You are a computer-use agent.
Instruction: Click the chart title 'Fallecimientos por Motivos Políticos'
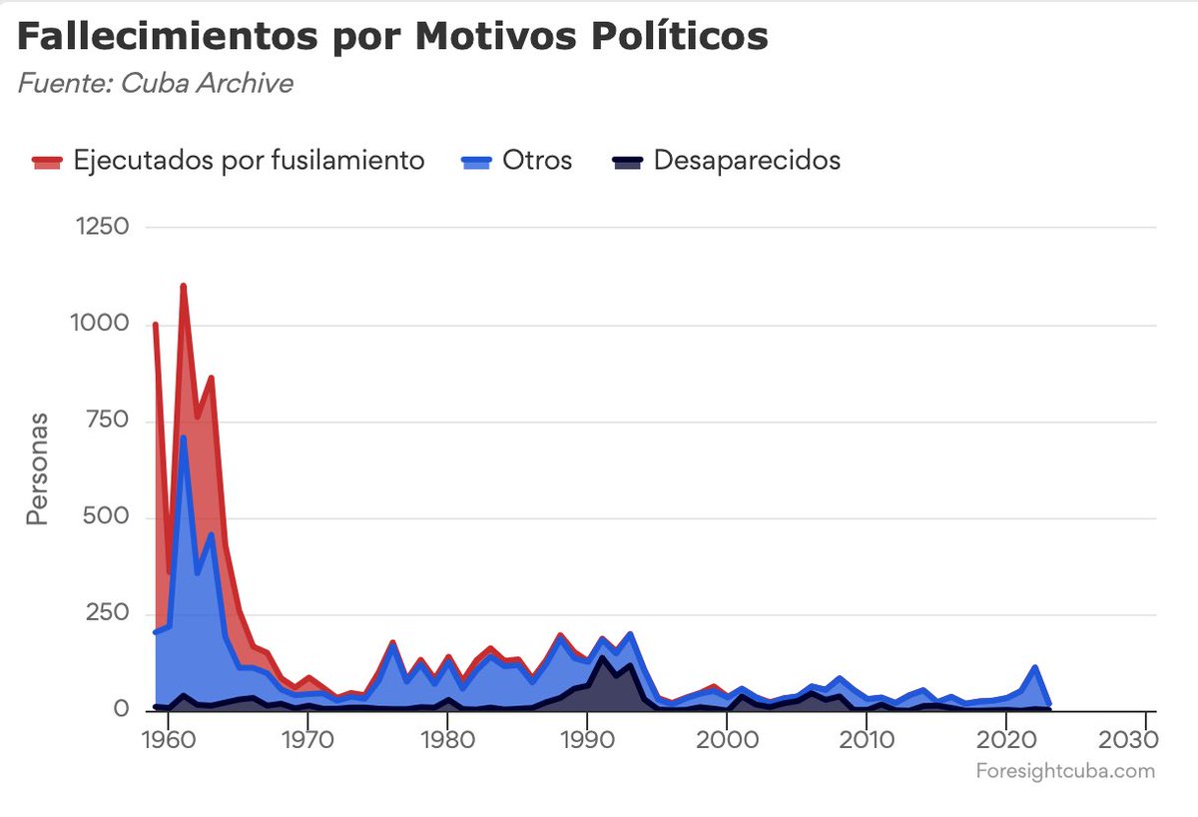pyautogui.click(x=392, y=37)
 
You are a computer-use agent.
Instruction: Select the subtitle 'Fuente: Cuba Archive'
pyautogui.click(x=155, y=83)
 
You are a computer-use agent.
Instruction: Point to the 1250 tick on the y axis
pyautogui.click(x=103, y=227)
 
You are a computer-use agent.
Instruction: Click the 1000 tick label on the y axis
pyautogui.click(x=103, y=324)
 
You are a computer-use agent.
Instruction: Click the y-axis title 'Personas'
pyautogui.click(x=37, y=469)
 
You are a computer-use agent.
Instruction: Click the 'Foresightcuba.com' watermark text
pyautogui.click(x=1064, y=771)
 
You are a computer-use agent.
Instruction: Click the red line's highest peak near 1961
pyautogui.click(x=183, y=287)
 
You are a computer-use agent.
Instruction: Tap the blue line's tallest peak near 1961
pyautogui.click(x=183, y=437)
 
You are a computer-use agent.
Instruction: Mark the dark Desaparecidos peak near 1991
pyautogui.click(x=602, y=657)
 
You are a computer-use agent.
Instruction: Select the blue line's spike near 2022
pyautogui.click(x=1034, y=667)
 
